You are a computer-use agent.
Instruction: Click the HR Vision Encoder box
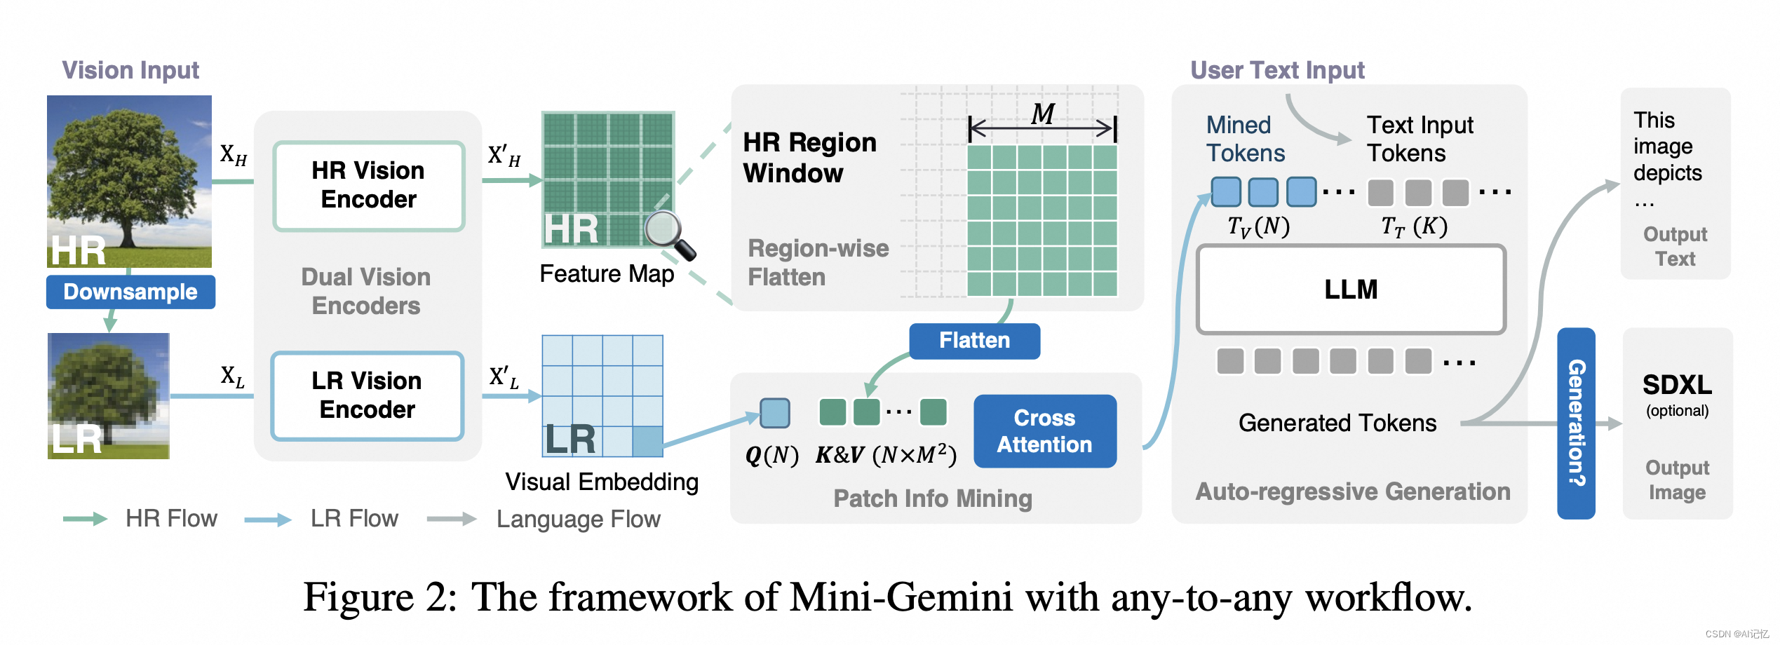pyautogui.click(x=369, y=186)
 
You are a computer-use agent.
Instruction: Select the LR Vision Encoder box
pyautogui.click(x=368, y=395)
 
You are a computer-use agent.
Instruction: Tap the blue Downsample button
pyautogui.click(x=130, y=292)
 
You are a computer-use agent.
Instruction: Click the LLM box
pyautogui.click(x=1351, y=289)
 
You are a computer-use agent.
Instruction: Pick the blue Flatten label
pyautogui.click(x=974, y=341)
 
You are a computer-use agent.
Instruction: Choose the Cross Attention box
pyautogui.click(x=1045, y=431)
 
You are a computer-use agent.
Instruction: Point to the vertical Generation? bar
pyautogui.click(x=1576, y=423)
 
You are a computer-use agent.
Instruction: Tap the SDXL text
pyautogui.click(x=1677, y=385)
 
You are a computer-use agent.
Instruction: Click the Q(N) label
pyautogui.click(x=771, y=456)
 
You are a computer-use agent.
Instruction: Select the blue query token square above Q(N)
pyautogui.click(x=775, y=413)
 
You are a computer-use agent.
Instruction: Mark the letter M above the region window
pyautogui.click(x=1043, y=114)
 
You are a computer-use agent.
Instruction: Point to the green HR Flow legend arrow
pyautogui.click(x=85, y=519)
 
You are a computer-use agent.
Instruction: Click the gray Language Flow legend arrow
pyautogui.click(x=452, y=519)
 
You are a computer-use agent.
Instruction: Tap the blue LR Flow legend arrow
pyautogui.click(x=268, y=520)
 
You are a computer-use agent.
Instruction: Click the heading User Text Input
pyautogui.click(x=1277, y=70)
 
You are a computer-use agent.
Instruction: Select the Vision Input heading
pyautogui.click(x=130, y=70)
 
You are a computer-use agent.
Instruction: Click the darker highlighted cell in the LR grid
pyautogui.click(x=647, y=442)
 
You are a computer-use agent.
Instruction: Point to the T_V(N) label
pyautogui.click(x=1259, y=226)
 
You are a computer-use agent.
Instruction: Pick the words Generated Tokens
pyautogui.click(x=1337, y=423)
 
